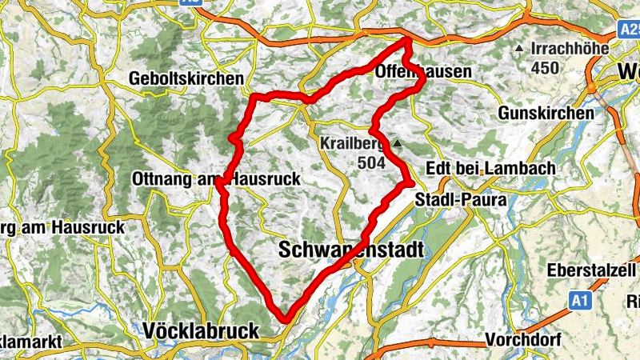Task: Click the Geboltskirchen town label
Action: point(186,79)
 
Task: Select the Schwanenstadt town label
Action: point(350,250)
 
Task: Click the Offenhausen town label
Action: point(422,72)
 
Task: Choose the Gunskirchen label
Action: point(546,114)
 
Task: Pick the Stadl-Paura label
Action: point(461,200)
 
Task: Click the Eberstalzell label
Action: point(593,270)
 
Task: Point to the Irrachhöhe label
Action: point(569,49)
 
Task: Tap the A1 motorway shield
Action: point(580,300)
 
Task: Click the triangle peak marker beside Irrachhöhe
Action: point(520,50)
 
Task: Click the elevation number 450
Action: point(545,68)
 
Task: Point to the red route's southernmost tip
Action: point(285,320)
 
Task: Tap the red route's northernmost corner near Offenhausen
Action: point(408,39)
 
